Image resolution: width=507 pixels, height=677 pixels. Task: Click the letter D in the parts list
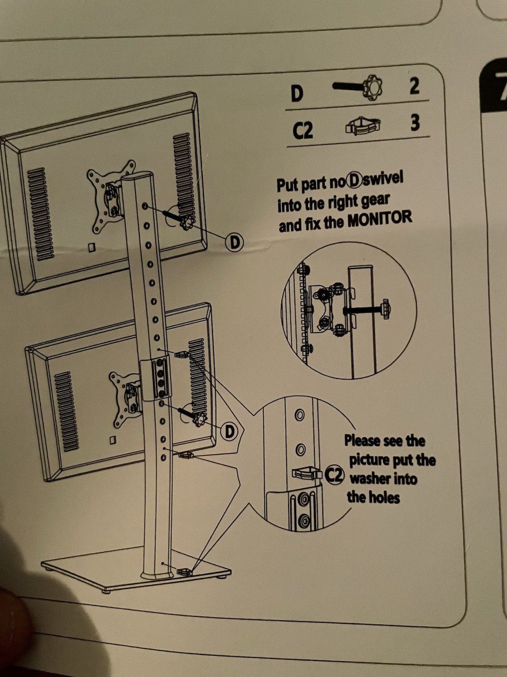click(x=297, y=94)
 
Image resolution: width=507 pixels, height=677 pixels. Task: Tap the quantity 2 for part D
click(x=414, y=86)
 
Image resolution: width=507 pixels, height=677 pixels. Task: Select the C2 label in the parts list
click(x=303, y=130)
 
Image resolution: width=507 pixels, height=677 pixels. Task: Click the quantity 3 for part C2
click(x=415, y=123)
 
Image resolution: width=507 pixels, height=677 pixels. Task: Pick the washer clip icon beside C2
click(x=363, y=126)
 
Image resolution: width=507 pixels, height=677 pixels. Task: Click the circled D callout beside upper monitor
click(x=235, y=242)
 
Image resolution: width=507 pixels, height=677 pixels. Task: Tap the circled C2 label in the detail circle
click(x=335, y=475)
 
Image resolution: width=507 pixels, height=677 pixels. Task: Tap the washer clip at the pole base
click(x=185, y=572)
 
